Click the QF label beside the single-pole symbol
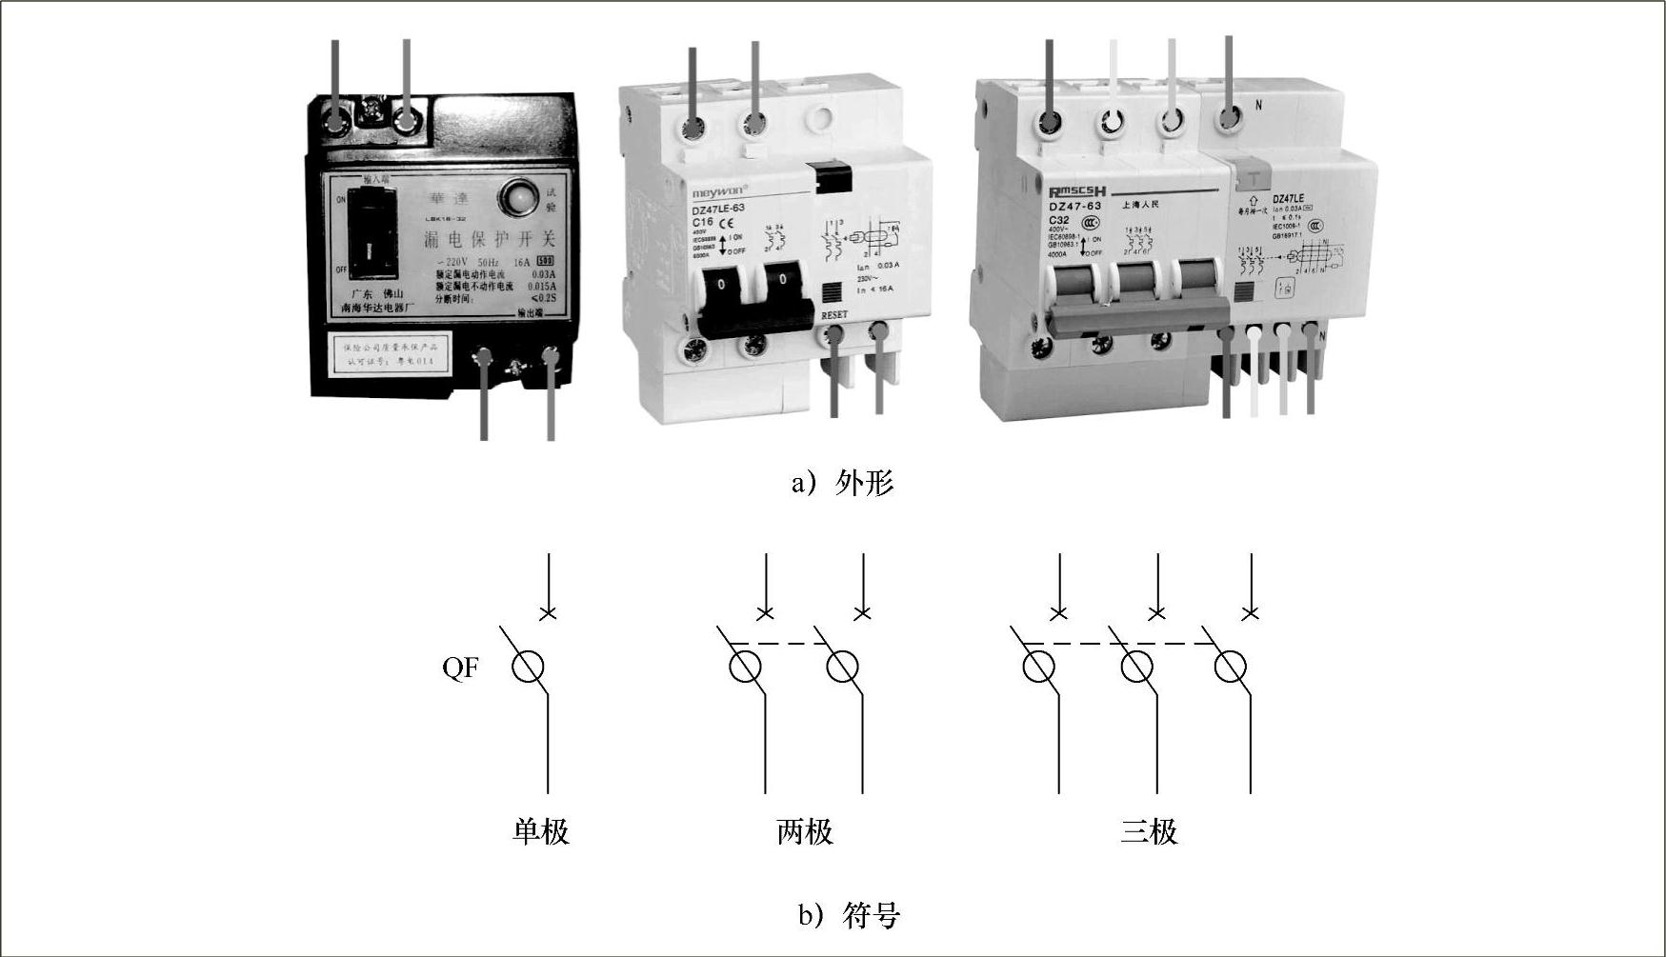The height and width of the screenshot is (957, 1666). (x=460, y=668)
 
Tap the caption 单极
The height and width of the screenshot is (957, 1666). (x=540, y=831)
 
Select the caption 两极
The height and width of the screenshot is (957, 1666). (x=805, y=831)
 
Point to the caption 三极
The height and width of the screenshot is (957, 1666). (x=1149, y=831)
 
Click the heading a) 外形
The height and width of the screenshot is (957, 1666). (x=843, y=483)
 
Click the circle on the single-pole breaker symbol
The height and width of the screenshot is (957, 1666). (x=528, y=668)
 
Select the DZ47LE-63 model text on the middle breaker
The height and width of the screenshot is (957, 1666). (x=717, y=208)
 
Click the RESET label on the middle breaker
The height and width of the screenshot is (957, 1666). (x=833, y=314)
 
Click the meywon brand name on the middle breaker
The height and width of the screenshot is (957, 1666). (x=719, y=189)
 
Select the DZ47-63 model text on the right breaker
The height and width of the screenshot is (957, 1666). (x=1074, y=206)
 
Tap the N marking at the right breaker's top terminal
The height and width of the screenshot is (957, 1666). (x=1258, y=106)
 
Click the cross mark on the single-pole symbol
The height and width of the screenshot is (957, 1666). (x=548, y=613)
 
